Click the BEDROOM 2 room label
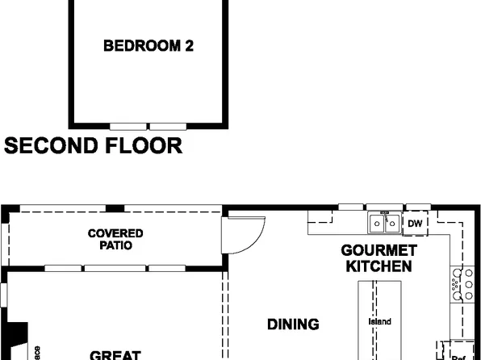[148, 46]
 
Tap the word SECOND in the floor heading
[52, 146]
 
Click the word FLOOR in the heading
[144, 146]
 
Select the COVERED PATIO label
[115, 240]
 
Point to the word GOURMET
[379, 250]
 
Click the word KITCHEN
[379, 266]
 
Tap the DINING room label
[293, 324]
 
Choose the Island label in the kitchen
[379, 321]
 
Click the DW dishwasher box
[415, 224]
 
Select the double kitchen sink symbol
[384, 222]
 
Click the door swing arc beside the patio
[242, 234]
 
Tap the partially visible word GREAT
[115, 354]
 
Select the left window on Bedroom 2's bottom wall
[129, 126]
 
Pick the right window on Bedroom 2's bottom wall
[168, 126]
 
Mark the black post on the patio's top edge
[115, 208]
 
